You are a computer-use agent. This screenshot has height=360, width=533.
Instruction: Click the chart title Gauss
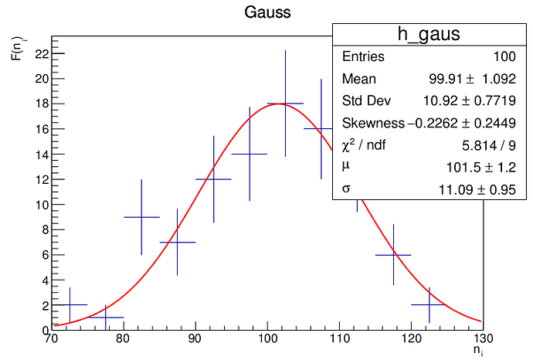(266, 12)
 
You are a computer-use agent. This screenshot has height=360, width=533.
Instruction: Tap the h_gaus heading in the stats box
(429, 34)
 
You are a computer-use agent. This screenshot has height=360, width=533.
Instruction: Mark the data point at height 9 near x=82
(141, 217)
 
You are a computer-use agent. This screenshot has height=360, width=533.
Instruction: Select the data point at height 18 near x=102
(285, 104)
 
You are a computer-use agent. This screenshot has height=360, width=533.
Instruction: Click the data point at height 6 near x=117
(393, 255)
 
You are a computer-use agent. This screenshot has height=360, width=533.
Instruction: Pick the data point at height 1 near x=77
(106, 318)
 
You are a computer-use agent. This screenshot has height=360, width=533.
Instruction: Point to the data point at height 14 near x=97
(250, 154)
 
